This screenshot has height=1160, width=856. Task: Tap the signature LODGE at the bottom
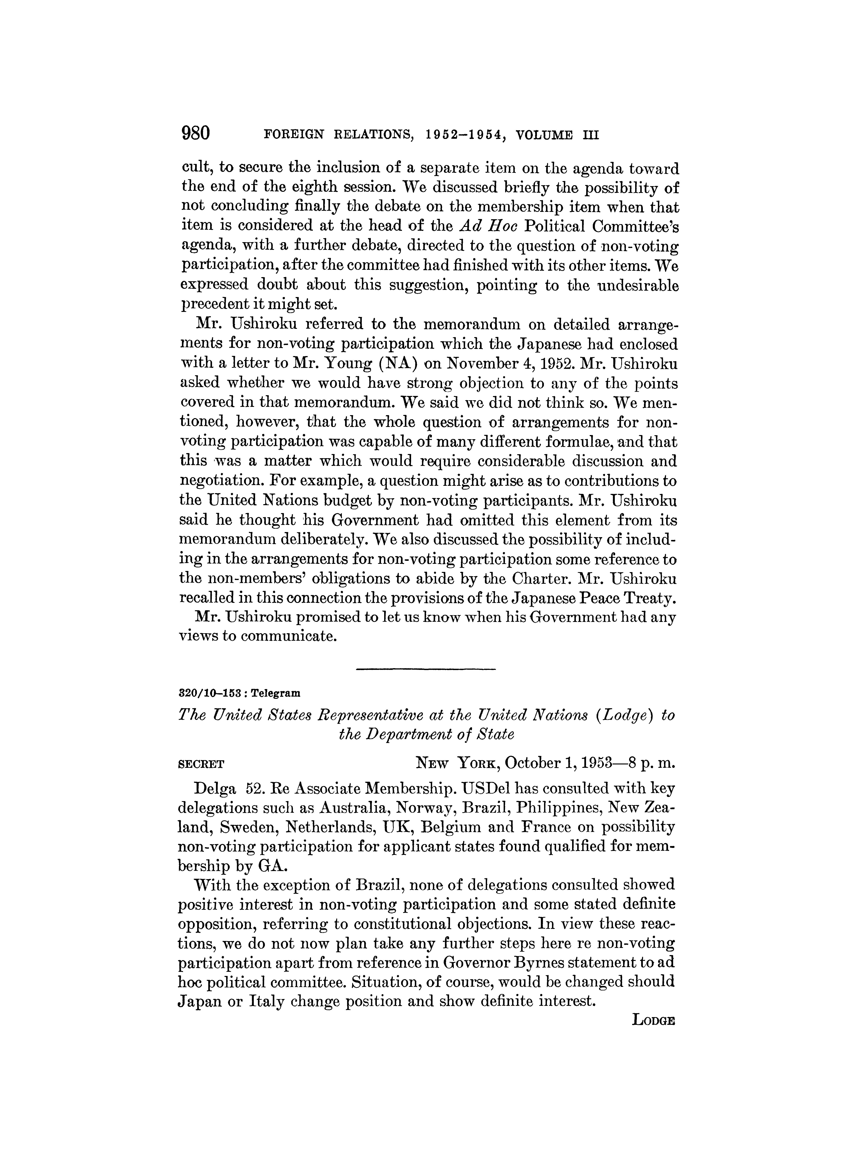coord(654,1021)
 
